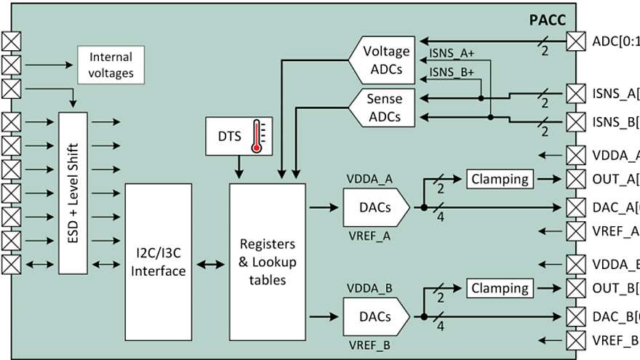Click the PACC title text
tap(546, 20)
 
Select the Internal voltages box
tap(111, 65)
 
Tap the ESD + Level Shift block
tap(71, 192)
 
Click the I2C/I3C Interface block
tap(159, 263)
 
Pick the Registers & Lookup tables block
tap(267, 261)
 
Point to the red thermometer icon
tap(256, 137)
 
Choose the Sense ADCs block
tap(383, 107)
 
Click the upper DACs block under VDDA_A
tap(375, 207)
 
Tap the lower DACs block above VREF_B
tap(375, 316)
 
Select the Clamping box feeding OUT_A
tap(500, 179)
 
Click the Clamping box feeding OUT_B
tap(500, 288)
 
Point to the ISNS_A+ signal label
tap(451, 52)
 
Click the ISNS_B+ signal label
tap(451, 72)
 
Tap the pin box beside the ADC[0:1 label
tap(576, 41)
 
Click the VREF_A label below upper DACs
tap(370, 235)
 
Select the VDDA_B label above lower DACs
tap(370, 288)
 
